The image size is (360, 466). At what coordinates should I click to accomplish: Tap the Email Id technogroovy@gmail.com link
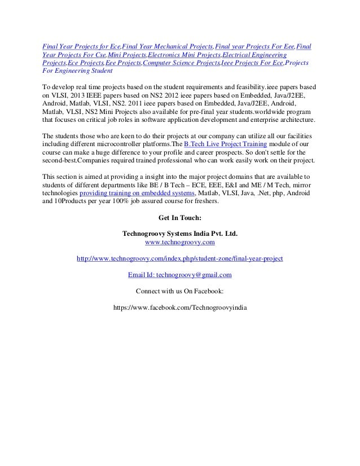click(x=179, y=275)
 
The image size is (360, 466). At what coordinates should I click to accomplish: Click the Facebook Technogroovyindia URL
click(x=180, y=309)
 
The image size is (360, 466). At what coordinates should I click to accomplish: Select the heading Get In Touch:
click(x=180, y=216)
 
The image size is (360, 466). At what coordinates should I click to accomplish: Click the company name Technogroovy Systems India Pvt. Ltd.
click(x=180, y=232)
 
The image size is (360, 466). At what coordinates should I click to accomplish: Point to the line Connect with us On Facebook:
click(x=180, y=292)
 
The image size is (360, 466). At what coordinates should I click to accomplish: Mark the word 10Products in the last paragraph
click(x=76, y=201)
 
